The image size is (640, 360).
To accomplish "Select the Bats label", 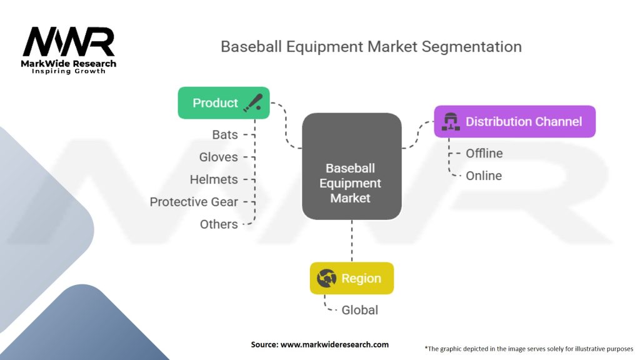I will coord(225,134).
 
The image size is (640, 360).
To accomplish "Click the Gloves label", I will coord(218,157).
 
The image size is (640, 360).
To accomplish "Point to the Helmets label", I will coord(214,179).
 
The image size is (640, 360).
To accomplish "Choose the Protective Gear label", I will coord(194,202).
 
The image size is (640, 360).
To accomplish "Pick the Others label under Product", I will coord(219,224).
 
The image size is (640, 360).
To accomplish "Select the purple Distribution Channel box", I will coord(514,121).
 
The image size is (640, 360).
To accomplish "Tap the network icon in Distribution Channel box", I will coord(451,121).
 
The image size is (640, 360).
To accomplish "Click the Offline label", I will coord(484,153).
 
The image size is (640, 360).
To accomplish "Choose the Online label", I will coord(483,176).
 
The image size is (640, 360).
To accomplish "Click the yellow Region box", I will coord(351,278).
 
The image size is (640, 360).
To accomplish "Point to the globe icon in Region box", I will coord(326,278).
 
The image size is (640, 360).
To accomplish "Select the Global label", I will coord(359,310).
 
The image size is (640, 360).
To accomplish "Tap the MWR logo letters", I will coord(69,42).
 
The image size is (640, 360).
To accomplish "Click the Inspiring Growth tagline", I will coord(69,71).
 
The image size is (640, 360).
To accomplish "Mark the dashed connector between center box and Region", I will coord(351,241).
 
